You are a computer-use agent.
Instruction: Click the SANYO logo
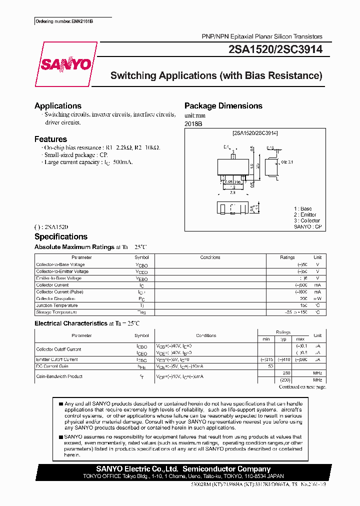[66, 64]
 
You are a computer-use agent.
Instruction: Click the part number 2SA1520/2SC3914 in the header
[275, 49]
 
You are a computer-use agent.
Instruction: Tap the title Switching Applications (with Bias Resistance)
[216, 76]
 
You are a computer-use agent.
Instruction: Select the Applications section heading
[58, 106]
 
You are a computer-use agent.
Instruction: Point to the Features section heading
[50, 139]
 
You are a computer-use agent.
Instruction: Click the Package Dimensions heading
[223, 106]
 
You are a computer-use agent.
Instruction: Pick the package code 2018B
[194, 123]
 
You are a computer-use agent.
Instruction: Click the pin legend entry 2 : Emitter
[305, 214]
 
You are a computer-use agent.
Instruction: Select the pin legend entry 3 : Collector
[306, 220]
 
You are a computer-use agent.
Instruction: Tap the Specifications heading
[61, 237]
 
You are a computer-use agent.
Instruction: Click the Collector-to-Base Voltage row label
[60, 264]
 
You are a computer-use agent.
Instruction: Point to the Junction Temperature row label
[57, 305]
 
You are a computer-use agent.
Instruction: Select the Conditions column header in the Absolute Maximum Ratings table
[210, 257]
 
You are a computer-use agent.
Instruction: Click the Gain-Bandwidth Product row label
[59, 376]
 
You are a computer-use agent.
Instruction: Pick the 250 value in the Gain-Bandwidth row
[286, 373]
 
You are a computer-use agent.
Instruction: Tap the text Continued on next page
[302, 386]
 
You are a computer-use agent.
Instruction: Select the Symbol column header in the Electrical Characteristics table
[141, 335]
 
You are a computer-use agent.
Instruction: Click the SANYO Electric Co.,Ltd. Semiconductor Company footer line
[183, 469]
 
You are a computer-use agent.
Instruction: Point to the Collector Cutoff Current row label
[58, 349]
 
